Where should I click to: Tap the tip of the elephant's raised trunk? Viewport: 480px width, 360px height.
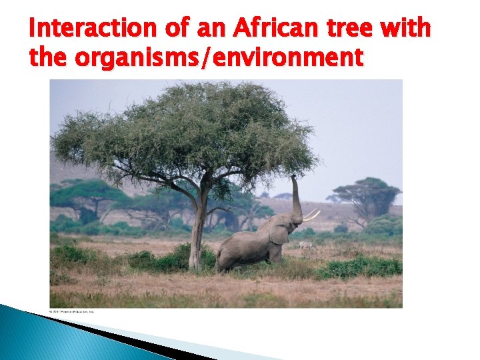(294, 177)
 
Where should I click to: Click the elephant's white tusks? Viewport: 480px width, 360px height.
(311, 215)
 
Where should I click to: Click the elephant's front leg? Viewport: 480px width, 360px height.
(275, 254)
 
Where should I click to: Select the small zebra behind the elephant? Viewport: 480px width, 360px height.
(305, 245)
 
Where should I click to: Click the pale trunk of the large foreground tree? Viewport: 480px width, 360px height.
(198, 233)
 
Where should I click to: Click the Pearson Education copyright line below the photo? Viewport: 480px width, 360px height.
(72, 311)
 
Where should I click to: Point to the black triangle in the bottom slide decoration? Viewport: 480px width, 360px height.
(133, 336)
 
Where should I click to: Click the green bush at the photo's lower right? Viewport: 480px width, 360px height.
(363, 268)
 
